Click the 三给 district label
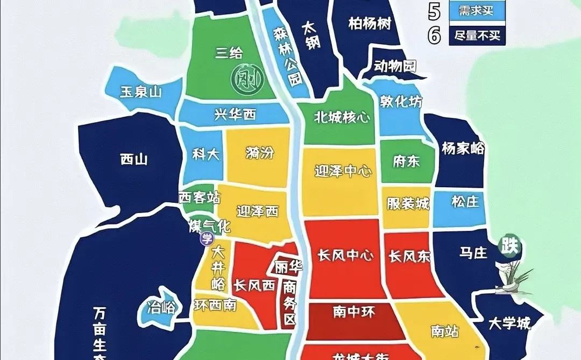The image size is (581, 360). [x=229, y=53]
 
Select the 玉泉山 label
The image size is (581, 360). [x=140, y=92]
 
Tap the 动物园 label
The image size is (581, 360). [x=395, y=67]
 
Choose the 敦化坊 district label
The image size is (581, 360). [x=401, y=101]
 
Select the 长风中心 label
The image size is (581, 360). [x=345, y=256]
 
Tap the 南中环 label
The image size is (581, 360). [x=353, y=312]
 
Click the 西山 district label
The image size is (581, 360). [x=133, y=159]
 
